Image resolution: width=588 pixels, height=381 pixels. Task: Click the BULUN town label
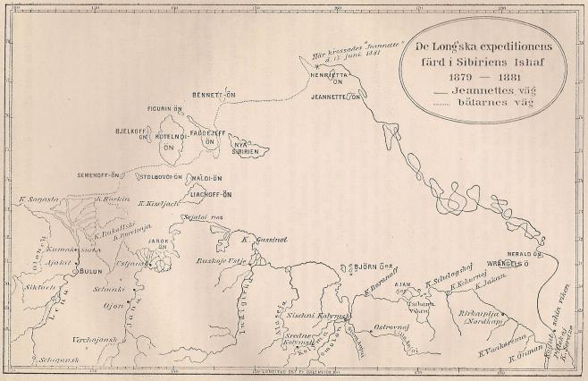point(93,269)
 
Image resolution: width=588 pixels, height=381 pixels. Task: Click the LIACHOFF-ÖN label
point(208,193)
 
